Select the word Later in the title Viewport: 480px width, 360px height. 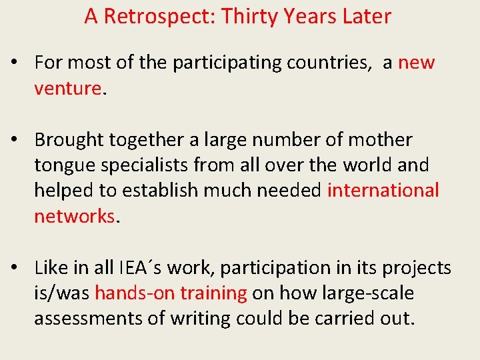tap(365, 17)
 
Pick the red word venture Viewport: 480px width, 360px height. tap(67, 89)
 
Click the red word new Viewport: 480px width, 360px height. tap(416, 63)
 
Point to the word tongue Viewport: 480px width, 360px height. tap(63, 165)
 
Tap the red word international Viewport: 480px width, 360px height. tap(383, 191)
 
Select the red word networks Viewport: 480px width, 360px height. tap(74, 216)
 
